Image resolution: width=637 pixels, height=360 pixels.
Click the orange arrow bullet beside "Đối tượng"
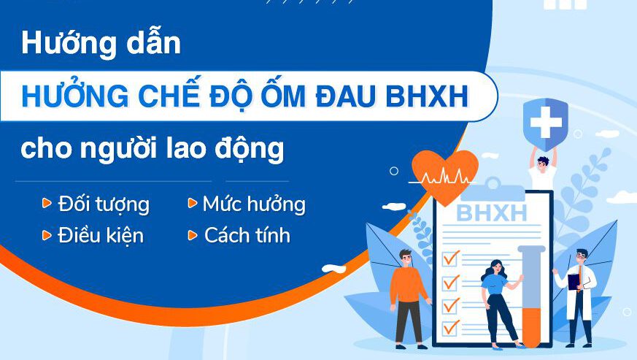(x=47, y=202)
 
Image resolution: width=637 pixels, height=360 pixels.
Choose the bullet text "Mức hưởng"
(x=254, y=204)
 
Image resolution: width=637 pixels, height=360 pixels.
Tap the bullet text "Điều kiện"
(x=101, y=235)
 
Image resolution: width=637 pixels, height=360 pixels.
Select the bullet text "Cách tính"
(x=247, y=234)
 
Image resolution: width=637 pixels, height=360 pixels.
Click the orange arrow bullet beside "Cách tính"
(x=193, y=234)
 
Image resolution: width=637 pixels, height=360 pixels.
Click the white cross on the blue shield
(x=546, y=122)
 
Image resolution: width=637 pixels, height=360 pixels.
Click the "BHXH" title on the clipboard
(x=492, y=212)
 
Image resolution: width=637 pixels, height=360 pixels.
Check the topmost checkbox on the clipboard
(x=450, y=258)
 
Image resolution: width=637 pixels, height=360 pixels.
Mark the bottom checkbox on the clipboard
(x=450, y=328)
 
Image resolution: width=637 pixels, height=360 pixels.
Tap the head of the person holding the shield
(x=542, y=164)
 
